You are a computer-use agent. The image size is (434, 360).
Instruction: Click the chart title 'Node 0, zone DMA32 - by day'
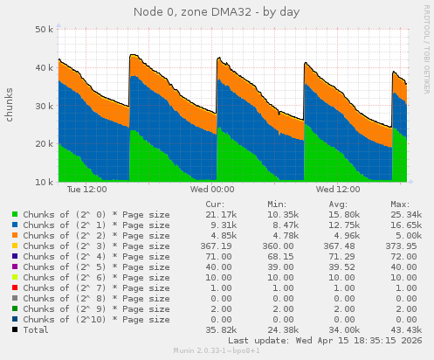[216, 11]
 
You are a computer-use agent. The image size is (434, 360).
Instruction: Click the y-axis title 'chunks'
[10, 104]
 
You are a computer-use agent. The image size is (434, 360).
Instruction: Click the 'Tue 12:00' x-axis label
[86, 189]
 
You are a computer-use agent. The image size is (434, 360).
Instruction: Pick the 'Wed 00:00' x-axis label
[211, 189]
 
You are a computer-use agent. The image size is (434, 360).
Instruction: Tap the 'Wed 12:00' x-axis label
[338, 189]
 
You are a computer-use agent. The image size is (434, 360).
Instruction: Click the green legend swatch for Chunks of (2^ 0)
[15, 214]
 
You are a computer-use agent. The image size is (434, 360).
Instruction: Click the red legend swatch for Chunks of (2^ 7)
[15, 287]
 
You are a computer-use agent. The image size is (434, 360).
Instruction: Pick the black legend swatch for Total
[15, 329]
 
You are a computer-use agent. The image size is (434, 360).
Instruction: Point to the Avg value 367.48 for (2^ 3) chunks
[341, 246]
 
